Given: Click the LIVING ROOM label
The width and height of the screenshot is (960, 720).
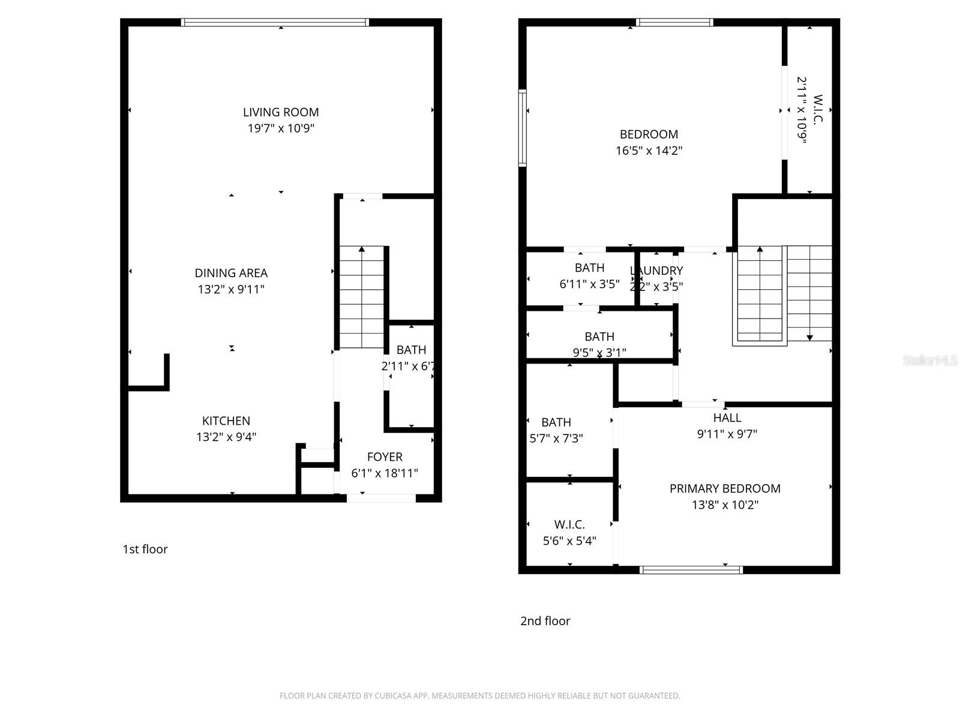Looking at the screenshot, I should pyautogui.click(x=281, y=112).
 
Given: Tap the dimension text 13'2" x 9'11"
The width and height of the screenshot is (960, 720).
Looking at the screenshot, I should pyautogui.click(x=231, y=289).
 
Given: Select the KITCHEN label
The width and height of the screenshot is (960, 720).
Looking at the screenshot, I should pyautogui.click(x=226, y=421).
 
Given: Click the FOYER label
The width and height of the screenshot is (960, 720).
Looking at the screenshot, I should pyautogui.click(x=385, y=457).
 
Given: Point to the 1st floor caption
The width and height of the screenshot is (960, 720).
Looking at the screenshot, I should pyautogui.click(x=145, y=549).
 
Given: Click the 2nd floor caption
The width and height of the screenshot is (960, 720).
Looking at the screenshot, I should pyautogui.click(x=545, y=621).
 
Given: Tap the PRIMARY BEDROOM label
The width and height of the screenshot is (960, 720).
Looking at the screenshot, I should pyautogui.click(x=725, y=488).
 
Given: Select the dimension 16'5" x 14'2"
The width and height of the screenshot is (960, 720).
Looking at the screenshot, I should pyautogui.click(x=649, y=151).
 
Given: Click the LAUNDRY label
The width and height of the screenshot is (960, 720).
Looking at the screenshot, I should pyautogui.click(x=656, y=271).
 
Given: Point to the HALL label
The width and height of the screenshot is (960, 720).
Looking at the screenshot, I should pyautogui.click(x=727, y=418).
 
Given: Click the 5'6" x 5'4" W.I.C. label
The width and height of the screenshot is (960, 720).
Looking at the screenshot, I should pyautogui.click(x=569, y=525).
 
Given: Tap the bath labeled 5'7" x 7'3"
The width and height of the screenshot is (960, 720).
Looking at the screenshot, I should pyautogui.click(x=556, y=422).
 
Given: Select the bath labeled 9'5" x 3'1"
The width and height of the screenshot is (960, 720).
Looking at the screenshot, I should pyautogui.click(x=599, y=337).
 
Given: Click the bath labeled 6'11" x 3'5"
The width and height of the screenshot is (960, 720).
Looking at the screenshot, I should pyautogui.click(x=589, y=268).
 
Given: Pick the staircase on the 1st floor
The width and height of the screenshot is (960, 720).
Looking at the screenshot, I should pyautogui.click(x=362, y=297).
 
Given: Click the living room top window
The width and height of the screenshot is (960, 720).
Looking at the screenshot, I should pyautogui.click(x=275, y=23).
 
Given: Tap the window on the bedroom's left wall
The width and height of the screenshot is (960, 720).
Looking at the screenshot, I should pyautogui.click(x=523, y=128).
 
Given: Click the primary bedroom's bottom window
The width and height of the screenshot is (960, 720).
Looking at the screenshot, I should pyautogui.click(x=691, y=569).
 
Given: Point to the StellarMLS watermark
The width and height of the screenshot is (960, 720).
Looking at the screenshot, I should pyautogui.click(x=929, y=361).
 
